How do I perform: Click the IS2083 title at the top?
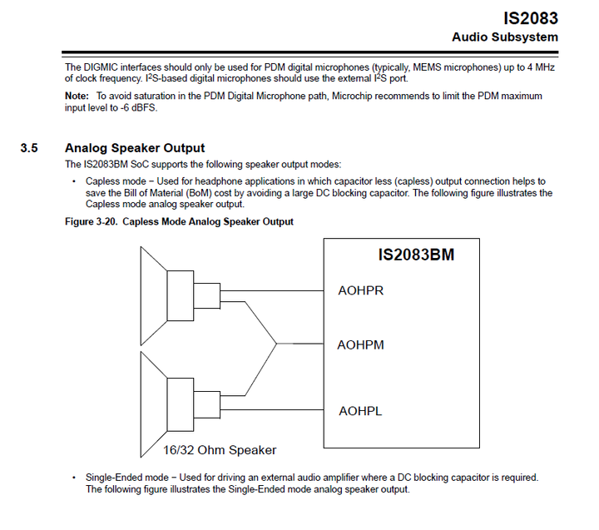coord(530,17)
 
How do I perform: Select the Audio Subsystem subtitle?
coord(504,37)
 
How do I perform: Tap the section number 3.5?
coord(30,148)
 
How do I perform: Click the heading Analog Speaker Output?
coord(134,148)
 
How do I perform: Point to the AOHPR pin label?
coord(360,291)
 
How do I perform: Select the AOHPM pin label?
coord(360,344)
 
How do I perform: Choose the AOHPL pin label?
coord(360,411)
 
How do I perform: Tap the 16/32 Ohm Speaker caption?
coord(220,450)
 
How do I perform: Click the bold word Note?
coord(78,97)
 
